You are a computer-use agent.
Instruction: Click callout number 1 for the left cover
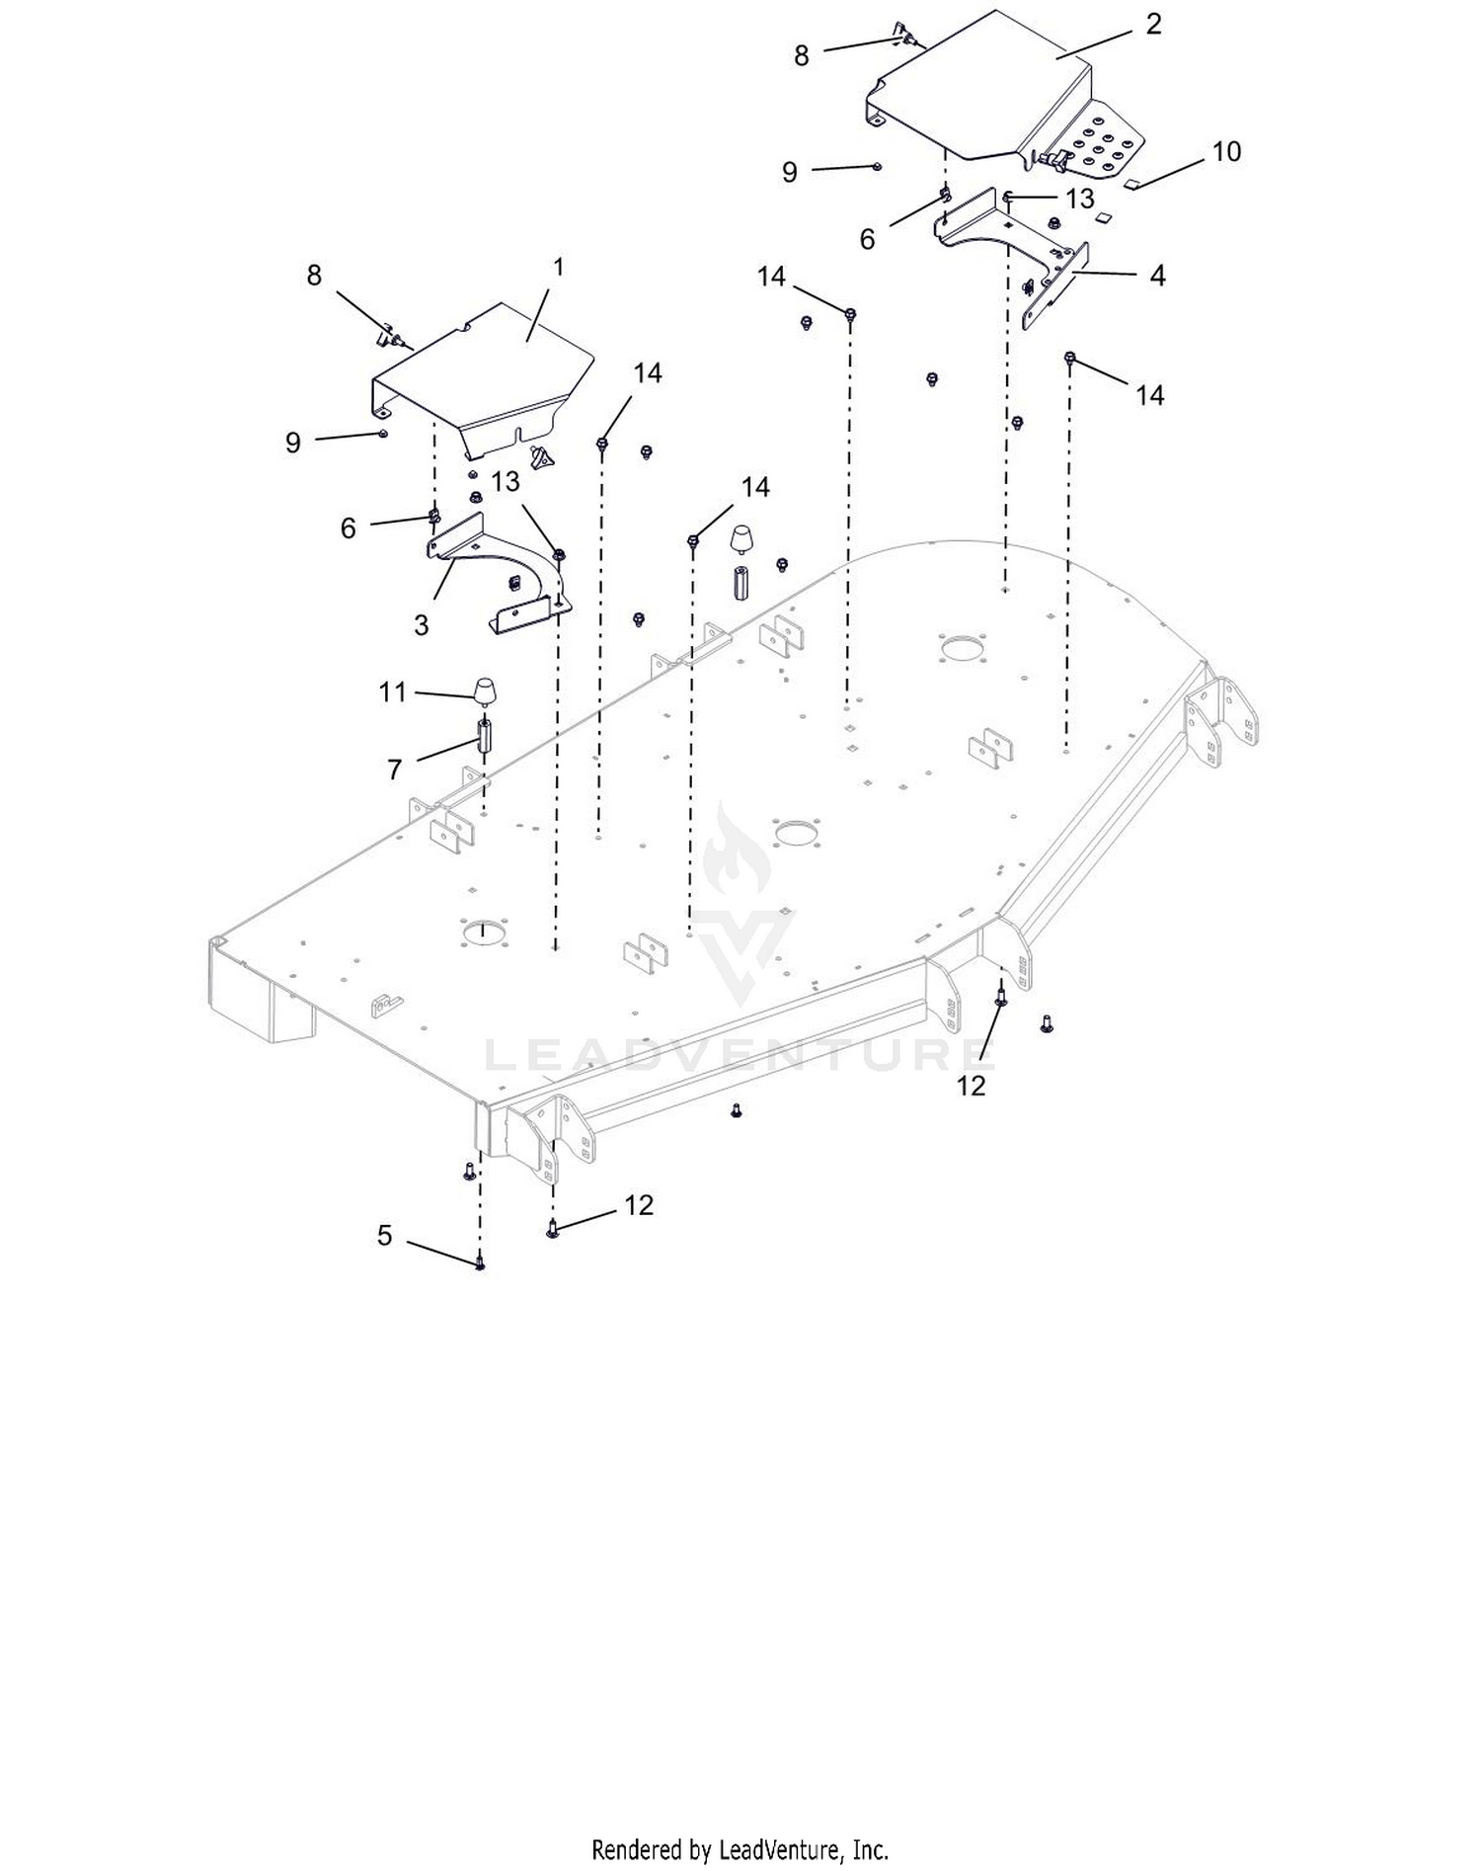pos(559,268)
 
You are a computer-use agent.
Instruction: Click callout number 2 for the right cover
pos(1153,25)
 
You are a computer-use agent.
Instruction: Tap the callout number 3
pos(422,625)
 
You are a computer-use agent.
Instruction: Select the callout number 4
pos(1157,276)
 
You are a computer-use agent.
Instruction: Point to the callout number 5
pos(385,1236)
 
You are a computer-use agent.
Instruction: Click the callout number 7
pos(395,770)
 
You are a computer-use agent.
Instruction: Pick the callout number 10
pos(1226,152)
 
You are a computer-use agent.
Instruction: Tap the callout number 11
pos(393,692)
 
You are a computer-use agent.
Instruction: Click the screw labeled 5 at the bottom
pos(480,1261)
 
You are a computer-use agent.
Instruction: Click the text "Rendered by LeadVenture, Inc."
pos(740,1849)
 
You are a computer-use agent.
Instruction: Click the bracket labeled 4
pos(1017,247)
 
